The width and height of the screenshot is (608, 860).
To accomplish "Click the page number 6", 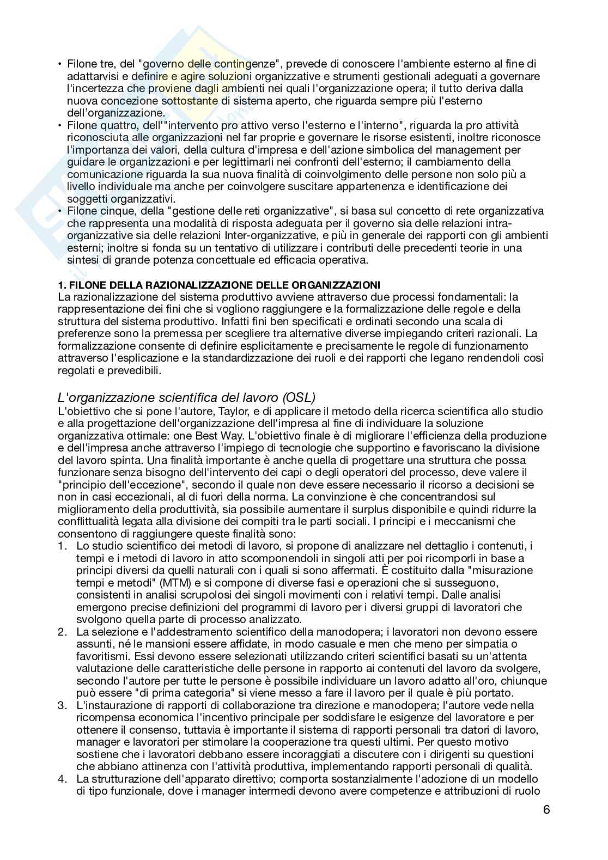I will click(546, 809).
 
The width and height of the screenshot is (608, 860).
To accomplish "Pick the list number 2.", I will click(62, 632).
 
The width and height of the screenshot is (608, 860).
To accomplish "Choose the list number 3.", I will click(62, 705).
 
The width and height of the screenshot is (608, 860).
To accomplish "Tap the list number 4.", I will click(62, 779).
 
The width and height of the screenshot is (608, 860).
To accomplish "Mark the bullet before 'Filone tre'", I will click(60, 64).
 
